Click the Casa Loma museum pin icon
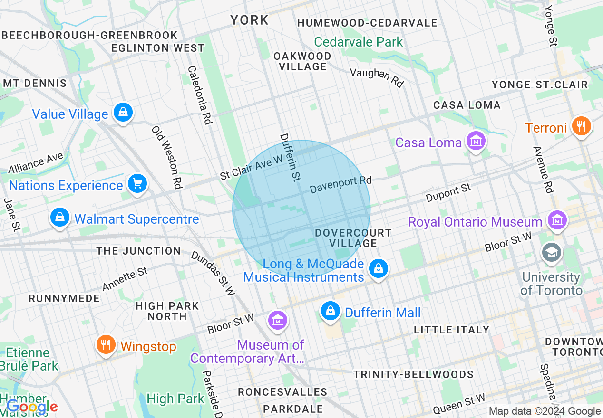click(x=476, y=141)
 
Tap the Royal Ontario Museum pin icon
click(x=556, y=220)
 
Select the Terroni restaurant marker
click(x=581, y=126)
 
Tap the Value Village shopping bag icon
click(x=123, y=113)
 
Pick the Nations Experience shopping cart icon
click(x=137, y=184)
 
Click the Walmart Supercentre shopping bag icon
click(x=60, y=218)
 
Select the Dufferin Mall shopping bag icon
click(x=330, y=312)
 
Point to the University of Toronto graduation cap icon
click(x=552, y=252)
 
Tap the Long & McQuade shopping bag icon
click(x=379, y=269)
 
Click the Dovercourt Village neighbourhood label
click(x=353, y=238)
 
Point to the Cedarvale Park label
click(x=359, y=42)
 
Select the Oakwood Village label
click(x=302, y=61)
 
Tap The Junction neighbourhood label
click(x=138, y=251)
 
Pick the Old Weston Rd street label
click(x=167, y=157)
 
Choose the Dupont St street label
click(x=448, y=193)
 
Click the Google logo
click(x=31, y=407)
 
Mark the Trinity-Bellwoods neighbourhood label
click(x=413, y=374)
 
